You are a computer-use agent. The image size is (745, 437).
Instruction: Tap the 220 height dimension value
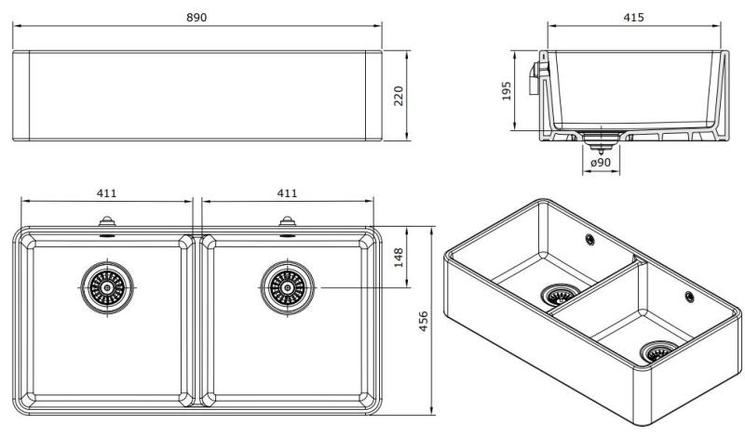point(400,96)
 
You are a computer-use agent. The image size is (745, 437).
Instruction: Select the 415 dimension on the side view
point(633,18)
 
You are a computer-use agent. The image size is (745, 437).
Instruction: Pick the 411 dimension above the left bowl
point(106,193)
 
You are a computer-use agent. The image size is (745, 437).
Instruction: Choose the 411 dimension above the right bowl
point(287,193)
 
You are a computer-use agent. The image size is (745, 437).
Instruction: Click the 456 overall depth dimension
point(425,321)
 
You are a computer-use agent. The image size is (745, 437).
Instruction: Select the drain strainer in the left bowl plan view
point(106,287)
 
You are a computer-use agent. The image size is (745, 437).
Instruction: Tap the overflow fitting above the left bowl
point(106,224)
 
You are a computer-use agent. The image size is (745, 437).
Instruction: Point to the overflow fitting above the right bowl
point(287,224)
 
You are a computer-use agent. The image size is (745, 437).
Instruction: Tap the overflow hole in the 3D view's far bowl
point(590,240)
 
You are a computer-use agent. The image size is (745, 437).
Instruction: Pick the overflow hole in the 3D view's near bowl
point(688,297)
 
